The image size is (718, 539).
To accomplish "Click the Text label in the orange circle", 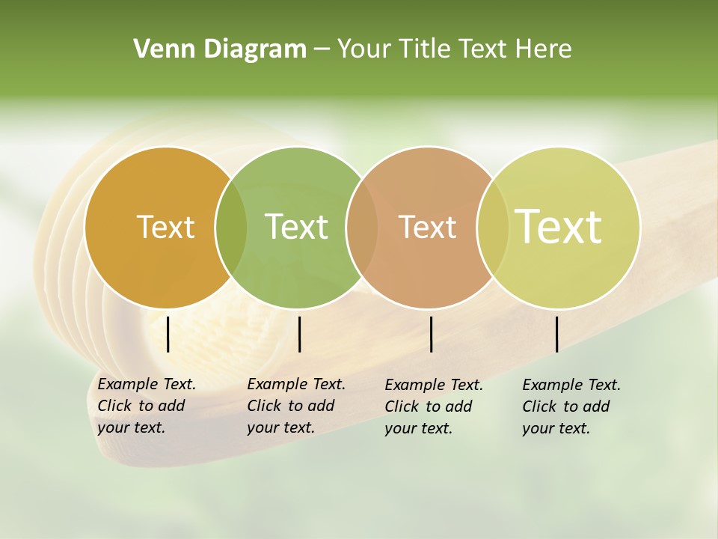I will point(165,227).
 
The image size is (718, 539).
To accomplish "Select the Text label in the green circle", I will point(296,227).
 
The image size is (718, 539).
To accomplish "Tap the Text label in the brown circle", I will point(427,227).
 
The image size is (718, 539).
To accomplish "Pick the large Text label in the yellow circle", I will point(559,227).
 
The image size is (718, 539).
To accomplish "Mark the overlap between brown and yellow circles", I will point(492,228).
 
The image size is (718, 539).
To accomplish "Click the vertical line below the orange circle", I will point(168,334).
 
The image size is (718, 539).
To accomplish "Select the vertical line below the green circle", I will point(299,334).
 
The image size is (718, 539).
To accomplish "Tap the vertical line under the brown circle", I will point(432,334).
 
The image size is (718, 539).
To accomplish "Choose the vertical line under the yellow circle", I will point(556,334).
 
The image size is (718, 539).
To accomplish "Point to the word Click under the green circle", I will point(263,406).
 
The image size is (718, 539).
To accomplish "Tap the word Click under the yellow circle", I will point(538,406).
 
